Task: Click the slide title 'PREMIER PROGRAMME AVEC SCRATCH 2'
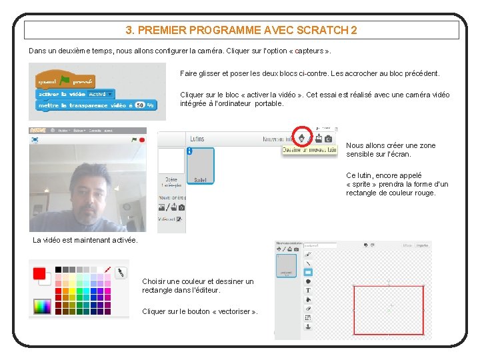coord(241,30)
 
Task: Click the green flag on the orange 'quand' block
coord(65,81)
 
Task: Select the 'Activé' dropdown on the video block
coord(101,94)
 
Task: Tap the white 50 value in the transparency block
coord(140,105)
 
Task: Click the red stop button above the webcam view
coord(142,140)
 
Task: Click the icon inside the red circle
coord(303,138)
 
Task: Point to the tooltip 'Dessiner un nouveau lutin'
coord(309,150)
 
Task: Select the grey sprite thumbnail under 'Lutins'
coord(200,165)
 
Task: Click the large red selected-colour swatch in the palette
coord(39,273)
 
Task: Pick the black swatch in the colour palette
coord(59,269)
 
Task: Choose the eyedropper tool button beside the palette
coord(121,273)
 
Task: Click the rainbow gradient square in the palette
coord(42,306)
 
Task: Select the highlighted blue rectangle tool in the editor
coord(308,272)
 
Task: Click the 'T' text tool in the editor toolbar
coord(308,290)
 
